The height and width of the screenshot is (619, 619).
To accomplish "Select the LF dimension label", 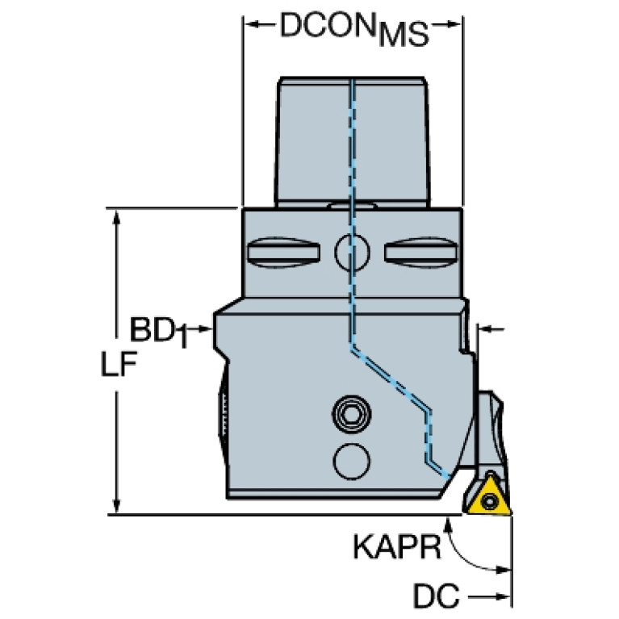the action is pos(119,364).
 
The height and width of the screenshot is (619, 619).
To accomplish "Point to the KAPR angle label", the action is pos(396,546).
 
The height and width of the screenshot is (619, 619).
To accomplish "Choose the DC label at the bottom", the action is pos(437,595).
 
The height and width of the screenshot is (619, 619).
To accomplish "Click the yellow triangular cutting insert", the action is pos(490,497).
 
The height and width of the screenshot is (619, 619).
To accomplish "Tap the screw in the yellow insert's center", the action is pos(490,502).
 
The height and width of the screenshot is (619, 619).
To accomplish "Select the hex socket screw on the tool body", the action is pos(351,414).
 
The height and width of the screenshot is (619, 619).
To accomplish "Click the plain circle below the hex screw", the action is pos(351,462).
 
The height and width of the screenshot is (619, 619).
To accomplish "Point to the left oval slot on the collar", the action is pos(283,253).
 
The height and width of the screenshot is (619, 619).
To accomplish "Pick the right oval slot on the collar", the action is pos(420,253).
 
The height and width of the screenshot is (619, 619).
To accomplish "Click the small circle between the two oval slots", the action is pos(352,253).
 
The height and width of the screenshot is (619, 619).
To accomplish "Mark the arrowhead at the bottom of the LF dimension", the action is pos(116,505).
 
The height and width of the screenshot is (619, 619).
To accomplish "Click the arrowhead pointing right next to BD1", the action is pos(206,328).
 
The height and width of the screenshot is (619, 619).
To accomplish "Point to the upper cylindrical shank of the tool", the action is pos(351,142).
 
